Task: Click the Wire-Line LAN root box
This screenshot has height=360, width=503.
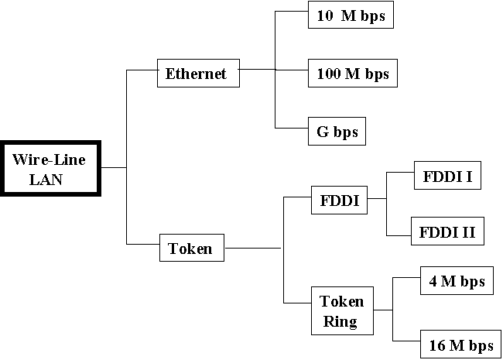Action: tap(50, 168)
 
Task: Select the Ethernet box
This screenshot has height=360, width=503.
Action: tap(197, 74)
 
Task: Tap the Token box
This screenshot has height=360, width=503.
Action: tap(190, 249)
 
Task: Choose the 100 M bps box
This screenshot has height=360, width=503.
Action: tap(352, 74)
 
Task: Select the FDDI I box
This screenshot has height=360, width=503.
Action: tap(448, 177)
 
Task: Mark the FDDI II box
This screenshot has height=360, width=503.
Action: tap(448, 231)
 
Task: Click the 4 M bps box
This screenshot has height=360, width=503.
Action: tap(457, 281)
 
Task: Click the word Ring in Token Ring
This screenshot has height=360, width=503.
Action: tap(341, 321)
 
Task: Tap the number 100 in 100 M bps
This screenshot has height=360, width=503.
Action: tap(329, 74)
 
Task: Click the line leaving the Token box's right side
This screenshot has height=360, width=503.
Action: tap(251, 249)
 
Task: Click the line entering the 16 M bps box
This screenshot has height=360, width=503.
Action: tap(406, 341)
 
